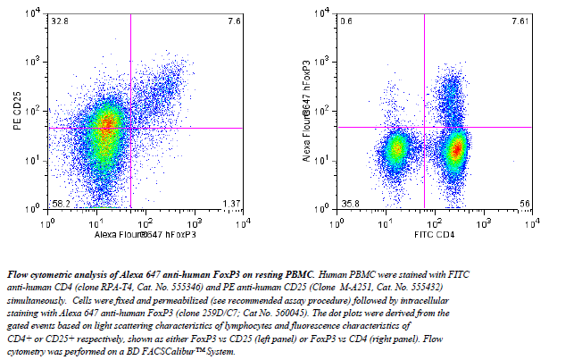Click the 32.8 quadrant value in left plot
click(60, 21)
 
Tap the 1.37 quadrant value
click(231, 204)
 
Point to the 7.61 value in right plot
click(520, 21)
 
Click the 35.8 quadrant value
click(349, 204)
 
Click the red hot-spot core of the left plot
click(107, 125)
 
